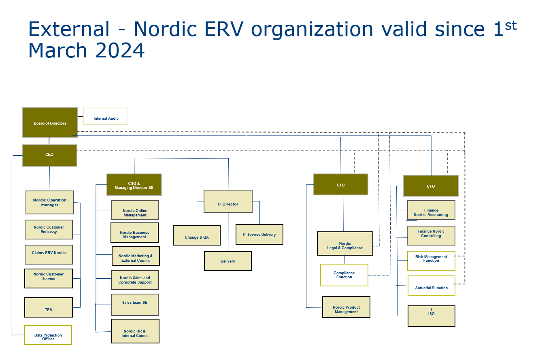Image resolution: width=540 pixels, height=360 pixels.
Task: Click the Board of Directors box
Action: pyautogui.click(x=50, y=123)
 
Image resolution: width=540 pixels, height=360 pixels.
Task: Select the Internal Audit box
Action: pyautogui.click(x=106, y=116)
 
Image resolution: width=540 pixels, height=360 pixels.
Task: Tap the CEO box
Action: pyautogui.click(x=49, y=155)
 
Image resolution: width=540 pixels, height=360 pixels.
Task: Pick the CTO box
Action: pyautogui.click(x=340, y=185)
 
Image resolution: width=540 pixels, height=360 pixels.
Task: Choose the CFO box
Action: pyautogui.click(x=431, y=186)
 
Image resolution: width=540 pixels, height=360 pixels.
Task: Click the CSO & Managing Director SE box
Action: pyautogui.click(x=134, y=185)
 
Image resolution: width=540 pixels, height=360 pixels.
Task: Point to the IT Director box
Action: pyautogui.click(x=228, y=201)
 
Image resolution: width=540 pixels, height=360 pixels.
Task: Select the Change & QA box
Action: pyautogui.click(x=197, y=235)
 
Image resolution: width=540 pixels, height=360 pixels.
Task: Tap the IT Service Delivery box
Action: pyautogui.click(x=259, y=235)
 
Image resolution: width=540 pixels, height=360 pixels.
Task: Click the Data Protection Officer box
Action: pyautogui.click(x=48, y=335)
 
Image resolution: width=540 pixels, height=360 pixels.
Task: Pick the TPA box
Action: pyautogui.click(x=49, y=308)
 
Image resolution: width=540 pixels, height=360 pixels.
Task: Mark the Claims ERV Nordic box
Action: pyautogui.click(x=49, y=255)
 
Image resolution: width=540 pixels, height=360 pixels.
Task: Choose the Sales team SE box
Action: pyautogui.click(x=135, y=305)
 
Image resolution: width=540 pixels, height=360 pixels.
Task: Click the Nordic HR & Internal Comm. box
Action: pyautogui.click(x=135, y=331)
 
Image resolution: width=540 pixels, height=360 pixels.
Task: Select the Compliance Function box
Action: pyautogui.click(x=344, y=275)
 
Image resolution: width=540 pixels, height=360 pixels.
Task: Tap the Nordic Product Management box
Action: pyautogui.click(x=346, y=307)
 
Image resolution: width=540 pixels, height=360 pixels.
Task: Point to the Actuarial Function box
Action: pyautogui.click(x=431, y=286)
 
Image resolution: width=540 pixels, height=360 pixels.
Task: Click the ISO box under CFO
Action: pyautogui.click(x=431, y=316)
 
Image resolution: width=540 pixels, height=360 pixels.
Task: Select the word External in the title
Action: pyautogui.click(x=69, y=29)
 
